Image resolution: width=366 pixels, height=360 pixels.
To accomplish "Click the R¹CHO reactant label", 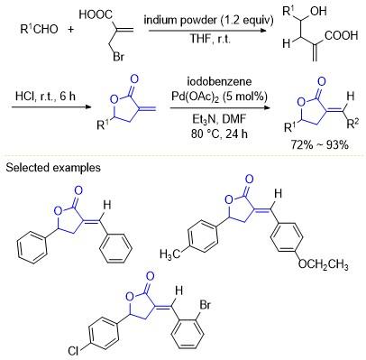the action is (x=39, y=29).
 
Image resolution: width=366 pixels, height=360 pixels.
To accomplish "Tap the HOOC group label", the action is (x=96, y=14).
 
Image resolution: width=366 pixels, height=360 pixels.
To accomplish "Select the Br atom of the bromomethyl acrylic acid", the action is (x=118, y=57).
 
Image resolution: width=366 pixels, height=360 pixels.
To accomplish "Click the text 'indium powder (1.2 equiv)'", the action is (x=208, y=21).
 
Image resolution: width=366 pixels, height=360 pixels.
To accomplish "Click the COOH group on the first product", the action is (x=341, y=35).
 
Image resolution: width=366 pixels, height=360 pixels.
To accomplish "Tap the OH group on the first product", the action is (x=318, y=12).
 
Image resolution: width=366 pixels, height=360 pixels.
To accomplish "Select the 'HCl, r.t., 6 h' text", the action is (x=45, y=97).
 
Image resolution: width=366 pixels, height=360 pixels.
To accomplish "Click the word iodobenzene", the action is (x=219, y=82).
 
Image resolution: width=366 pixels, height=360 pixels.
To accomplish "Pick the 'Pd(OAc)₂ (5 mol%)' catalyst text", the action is (x=219, y=97).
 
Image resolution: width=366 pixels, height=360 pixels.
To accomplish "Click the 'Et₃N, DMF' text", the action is (x=219, y=119).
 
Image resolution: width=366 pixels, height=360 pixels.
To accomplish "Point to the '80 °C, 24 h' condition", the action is (x=219, y=134).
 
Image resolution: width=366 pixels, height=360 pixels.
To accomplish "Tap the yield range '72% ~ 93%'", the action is (x=319, y=144).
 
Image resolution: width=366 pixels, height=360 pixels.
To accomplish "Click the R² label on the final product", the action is (x=352, y=124).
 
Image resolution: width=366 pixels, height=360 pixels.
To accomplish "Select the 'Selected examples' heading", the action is (x=53, y=168).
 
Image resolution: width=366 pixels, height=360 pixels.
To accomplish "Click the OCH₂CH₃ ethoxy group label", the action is (x=324, y=265).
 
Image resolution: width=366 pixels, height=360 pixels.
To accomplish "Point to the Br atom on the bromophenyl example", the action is (x=205, y=305).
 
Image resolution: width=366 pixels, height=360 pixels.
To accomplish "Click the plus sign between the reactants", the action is (x=71, y=30).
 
